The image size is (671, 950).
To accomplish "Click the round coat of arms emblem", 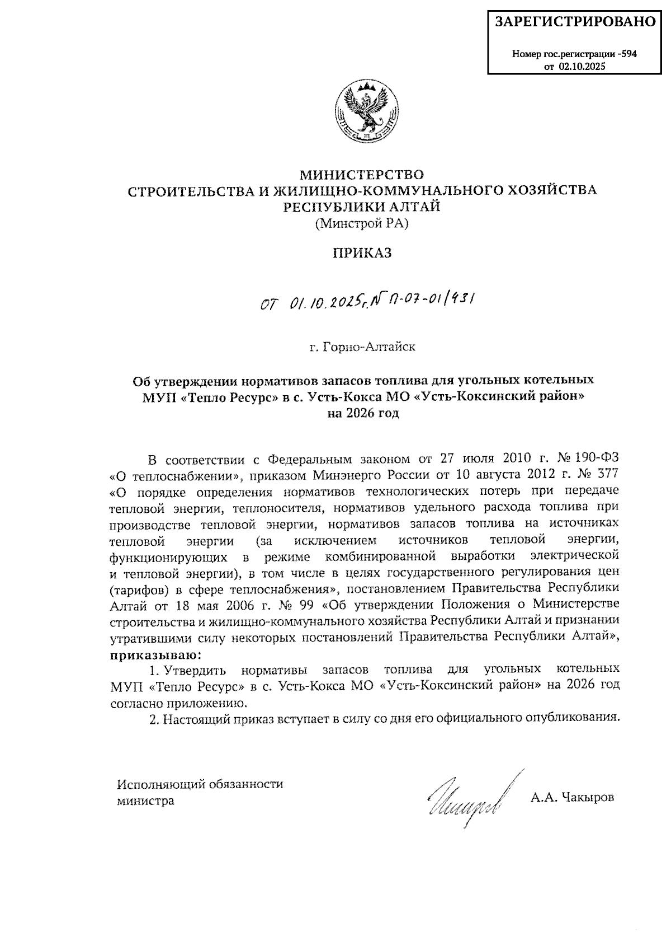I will pos(367,110).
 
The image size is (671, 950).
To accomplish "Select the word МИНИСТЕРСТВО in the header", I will pos(362,174).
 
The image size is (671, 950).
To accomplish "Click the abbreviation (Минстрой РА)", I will pos(362,224).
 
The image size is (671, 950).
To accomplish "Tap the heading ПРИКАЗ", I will pos(362,254).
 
